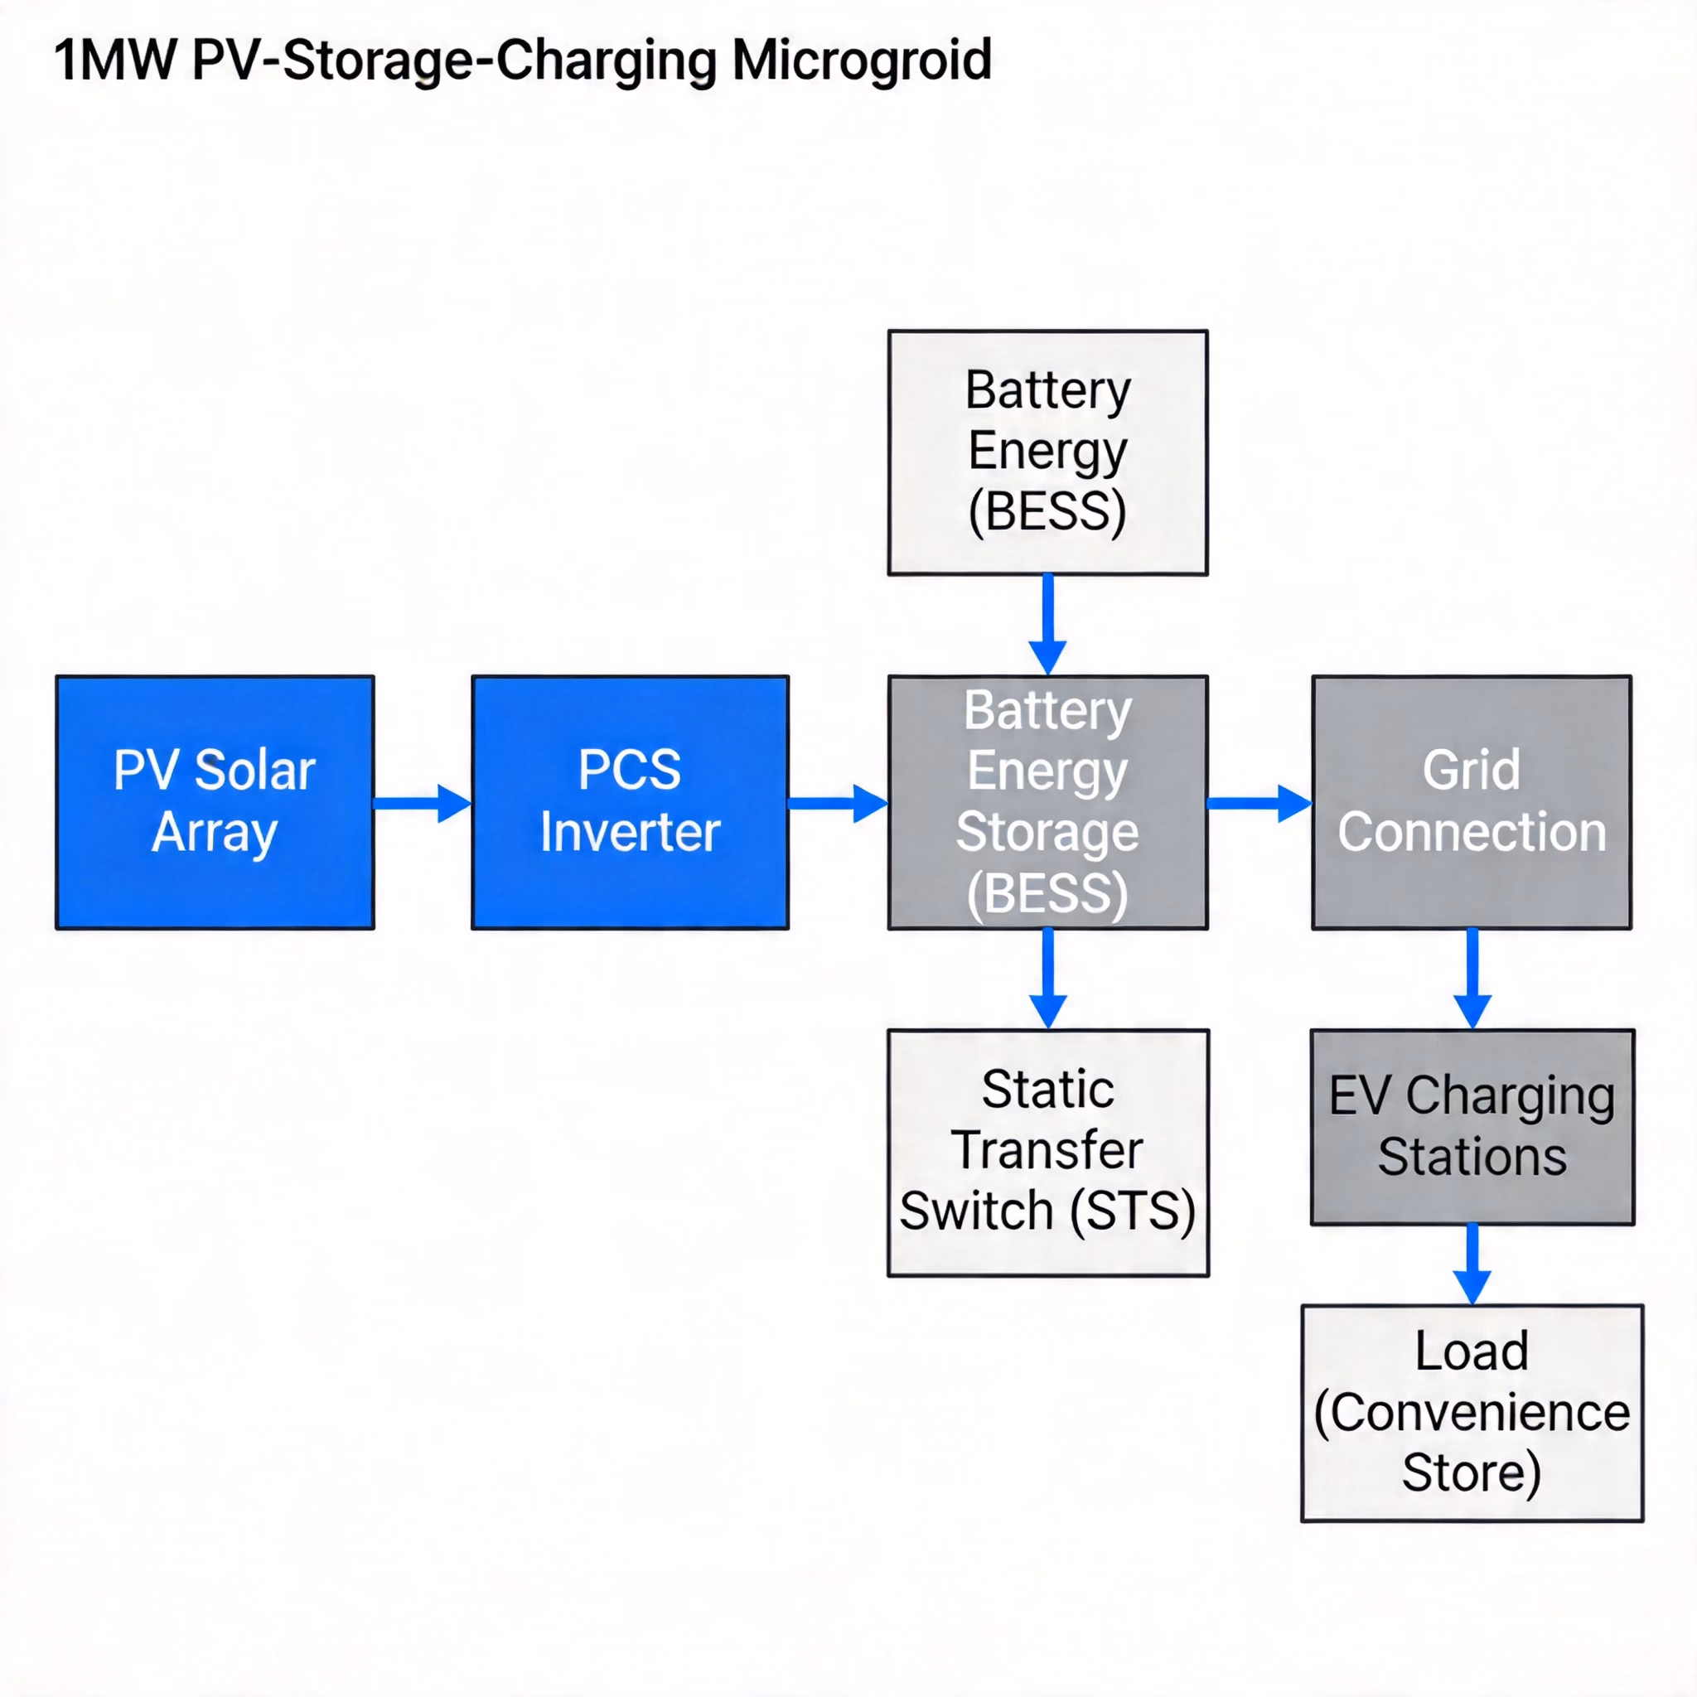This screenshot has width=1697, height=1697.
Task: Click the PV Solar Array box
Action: (215, 802)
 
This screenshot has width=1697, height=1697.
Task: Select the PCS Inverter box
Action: (630, 802)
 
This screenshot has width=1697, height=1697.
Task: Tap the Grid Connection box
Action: (1472, 802)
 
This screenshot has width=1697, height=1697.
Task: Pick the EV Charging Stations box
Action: (1472, 1127)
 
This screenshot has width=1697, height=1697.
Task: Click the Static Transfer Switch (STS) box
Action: (1048, 1153)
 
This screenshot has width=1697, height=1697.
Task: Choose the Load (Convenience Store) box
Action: (1472, 1413)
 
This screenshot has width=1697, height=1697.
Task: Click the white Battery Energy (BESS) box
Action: (1048, 452)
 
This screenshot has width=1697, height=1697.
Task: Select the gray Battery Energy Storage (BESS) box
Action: (1048, 802)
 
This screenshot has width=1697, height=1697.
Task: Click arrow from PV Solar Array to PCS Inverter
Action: (422, 804)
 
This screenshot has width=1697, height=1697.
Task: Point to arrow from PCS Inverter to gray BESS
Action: (837, 804)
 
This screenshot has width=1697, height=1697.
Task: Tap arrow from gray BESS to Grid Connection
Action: (1259, 804)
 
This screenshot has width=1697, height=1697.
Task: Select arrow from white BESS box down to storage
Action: (1048, 625)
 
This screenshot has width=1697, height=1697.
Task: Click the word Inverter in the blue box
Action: (630, 832)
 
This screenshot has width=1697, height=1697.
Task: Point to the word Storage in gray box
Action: (1047, 832)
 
